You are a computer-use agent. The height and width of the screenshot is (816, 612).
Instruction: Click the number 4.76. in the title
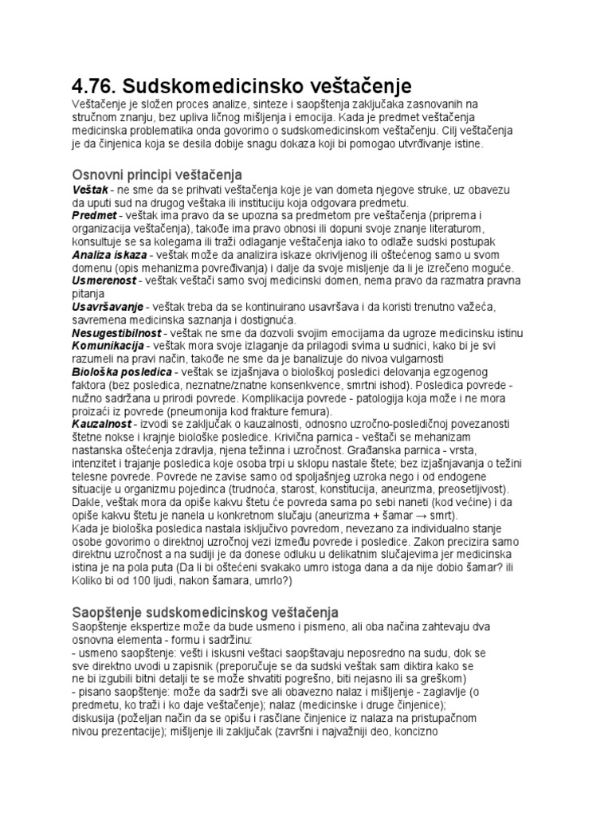pyautogui.click(x=94, y=85)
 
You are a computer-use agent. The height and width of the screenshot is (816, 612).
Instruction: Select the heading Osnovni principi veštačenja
pyautogui.click(x=157, y=174)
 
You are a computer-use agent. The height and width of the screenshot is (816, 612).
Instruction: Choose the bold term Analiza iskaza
pyautogui.click(x=109, y=254)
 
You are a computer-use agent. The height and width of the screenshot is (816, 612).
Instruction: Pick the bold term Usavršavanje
pyautogui.click(x=108, y=307)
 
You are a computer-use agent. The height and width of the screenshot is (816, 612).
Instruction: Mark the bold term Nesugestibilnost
pyautogui.click(x=116, y=332)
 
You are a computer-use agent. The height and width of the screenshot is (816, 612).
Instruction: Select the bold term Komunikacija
pyautogui.click(x=108, y=346)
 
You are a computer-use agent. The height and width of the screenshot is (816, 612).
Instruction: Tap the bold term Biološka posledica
pyautogui.click(x=122, y=372)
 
